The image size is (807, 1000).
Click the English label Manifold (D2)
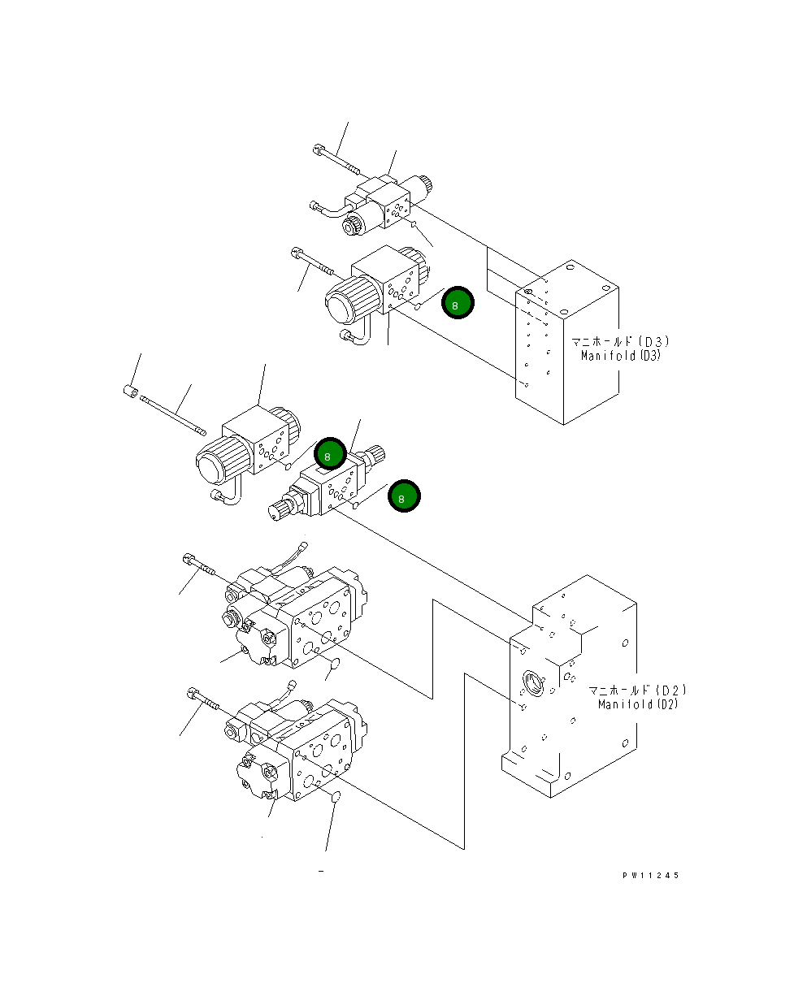pyautogui.click(x=637, y=704)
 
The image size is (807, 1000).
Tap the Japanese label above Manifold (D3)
pyautogui.click(x=619, y=342)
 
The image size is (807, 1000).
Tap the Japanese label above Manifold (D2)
pyautogui.click(x=637, y=691)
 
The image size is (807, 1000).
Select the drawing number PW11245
pyautogui.click(x=650, y=876)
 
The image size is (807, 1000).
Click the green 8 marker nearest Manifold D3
pyautogui.click(x=457, y=304)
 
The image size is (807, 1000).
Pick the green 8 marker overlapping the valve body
pyautogui.click(x=330, y=455)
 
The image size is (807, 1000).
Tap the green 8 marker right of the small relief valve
pyautogui.click(x=404, y=496)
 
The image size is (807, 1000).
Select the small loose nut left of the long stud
pyautogui.click(x=129, y=392)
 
